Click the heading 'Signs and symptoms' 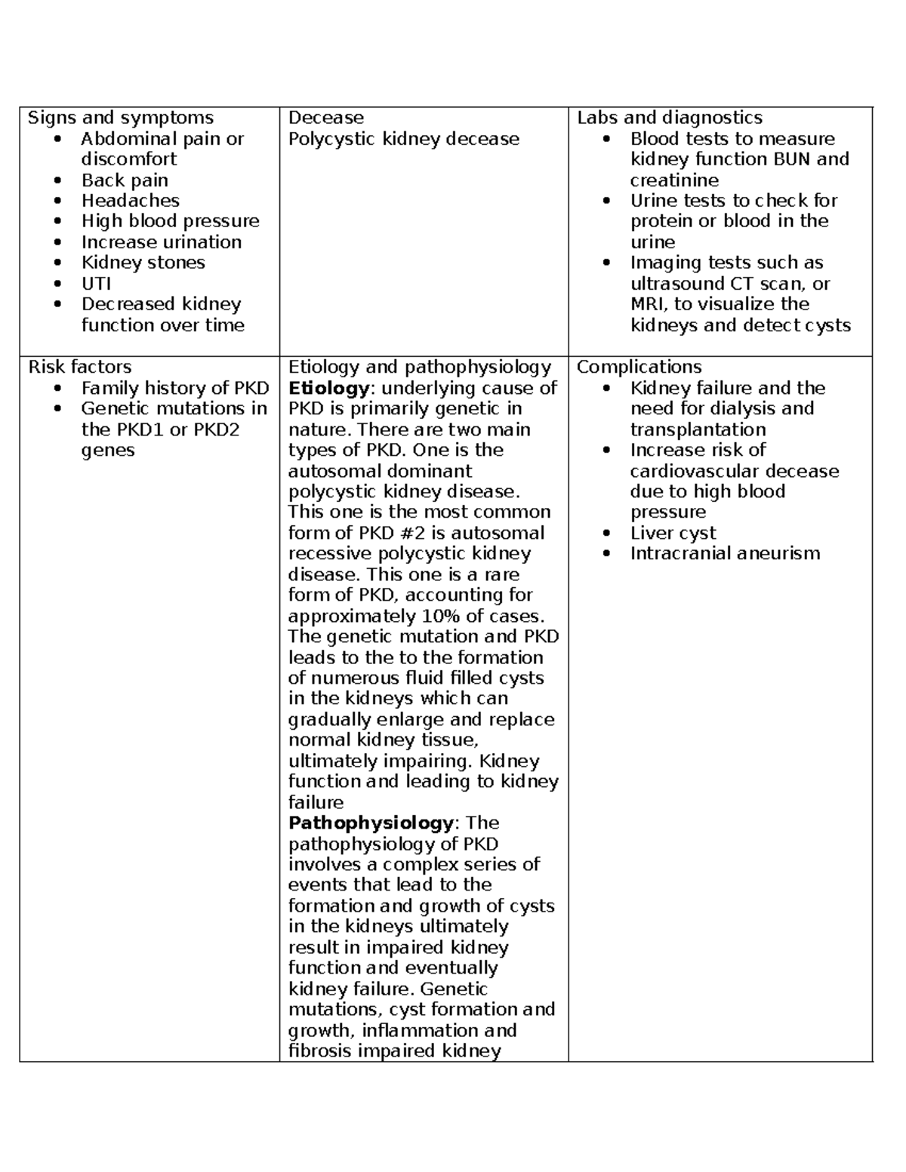point(121,118)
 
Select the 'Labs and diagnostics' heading point(670,118)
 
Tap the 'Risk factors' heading point(80,367)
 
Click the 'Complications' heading point(639,367)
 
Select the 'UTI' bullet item point(96,284)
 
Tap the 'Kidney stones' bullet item point(143,263)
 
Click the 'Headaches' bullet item point(130,201)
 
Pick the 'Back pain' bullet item point(125,180)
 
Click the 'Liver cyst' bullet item point(673,533)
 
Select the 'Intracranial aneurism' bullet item point(725,553)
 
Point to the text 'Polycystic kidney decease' point(404,139)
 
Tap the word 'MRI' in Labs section point(649,304)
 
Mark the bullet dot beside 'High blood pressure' point(60,222)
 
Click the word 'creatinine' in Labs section point(674,180)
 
